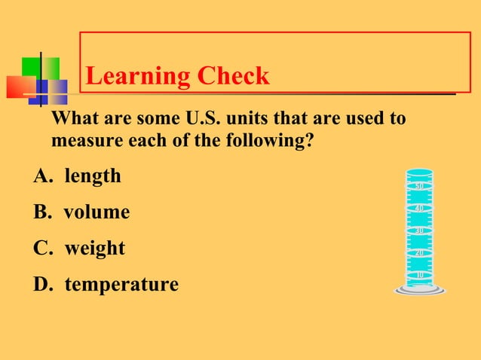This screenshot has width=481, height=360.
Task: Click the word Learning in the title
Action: pyautogui.click(x=138, y=76)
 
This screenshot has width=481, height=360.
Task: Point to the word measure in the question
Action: pyautogui.click(x=83, y=141)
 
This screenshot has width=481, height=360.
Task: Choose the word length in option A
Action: pyautogui.click(x=92, y=176)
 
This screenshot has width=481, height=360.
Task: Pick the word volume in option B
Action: pyautogui.click(x=97, y=212)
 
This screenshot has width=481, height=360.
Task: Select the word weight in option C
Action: pyautogui.click(x=94, y=249)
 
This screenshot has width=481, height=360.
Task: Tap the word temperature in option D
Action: pyautogui.click(x=121, y=285)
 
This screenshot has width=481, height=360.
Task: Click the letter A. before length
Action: pyautogui.click(x=42, y=176)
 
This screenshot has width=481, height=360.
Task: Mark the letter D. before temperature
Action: pyautogui.click(x=43, y=285)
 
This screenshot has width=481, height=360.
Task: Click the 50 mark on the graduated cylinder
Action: pyautogui.click(x=420, y=186)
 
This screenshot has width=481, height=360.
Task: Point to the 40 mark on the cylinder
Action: pyautogui.click(x=420, y=208)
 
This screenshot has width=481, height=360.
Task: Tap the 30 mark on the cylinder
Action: pyautogui.click(x=420, y=230)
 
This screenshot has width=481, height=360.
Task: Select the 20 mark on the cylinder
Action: pyautogui.click(x=420, y=253)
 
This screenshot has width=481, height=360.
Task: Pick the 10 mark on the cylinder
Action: pyautogui.click(x=420, y=275)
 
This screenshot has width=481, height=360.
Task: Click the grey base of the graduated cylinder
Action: pyautogui.click(x=419, y=290)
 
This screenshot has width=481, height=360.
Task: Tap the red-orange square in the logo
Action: pyautogui.click(x=20, y=87)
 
